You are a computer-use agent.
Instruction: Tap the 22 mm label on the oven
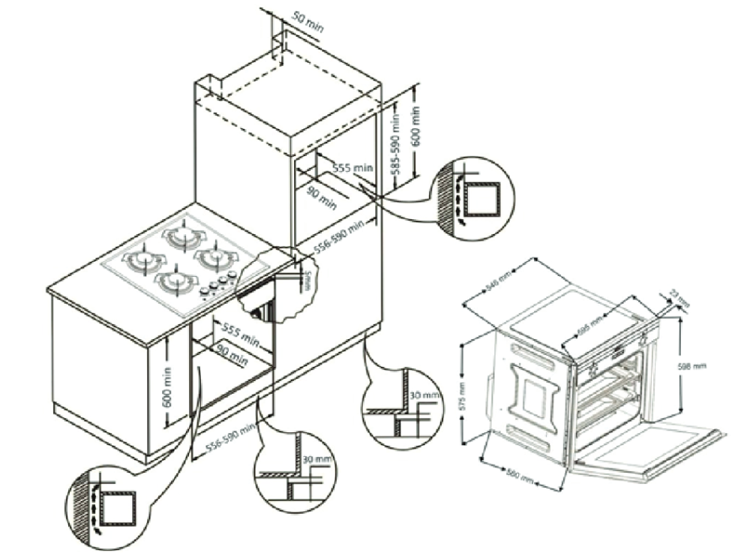click(678, 296)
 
